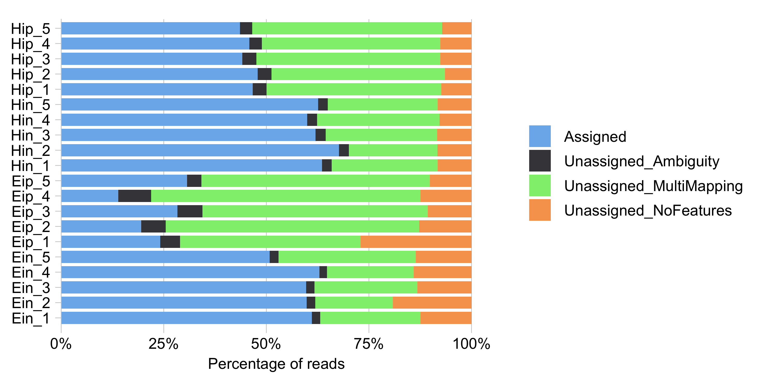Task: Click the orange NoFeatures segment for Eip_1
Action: click(x=416, y=242)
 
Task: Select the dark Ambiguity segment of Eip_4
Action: click(x=134, y=196)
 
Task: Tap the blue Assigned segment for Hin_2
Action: click(x=200, y=150)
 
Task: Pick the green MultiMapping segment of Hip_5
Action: click(x=347, y=28)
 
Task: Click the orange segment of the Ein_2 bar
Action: click(x=432, y=303)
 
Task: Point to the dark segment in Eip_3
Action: click(x=190, y=211)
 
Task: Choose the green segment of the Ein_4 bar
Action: click(x=370, y=272)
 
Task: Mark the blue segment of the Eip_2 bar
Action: click(x=101, y=227)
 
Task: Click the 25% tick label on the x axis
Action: click(x=163, y=344)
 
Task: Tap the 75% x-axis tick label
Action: click(x=368, y=344)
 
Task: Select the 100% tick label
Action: click(x=471, y=344)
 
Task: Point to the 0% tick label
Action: click(x=61, y=344)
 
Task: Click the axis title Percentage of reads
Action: click(x=276, y=364)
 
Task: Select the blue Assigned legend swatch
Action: click(x=540, y=136)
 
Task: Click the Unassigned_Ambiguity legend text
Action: click(x=641, y=162)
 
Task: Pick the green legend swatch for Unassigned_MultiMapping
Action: click(x=540, y=186)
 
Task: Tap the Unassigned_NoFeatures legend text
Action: click(x=648, y=211)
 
